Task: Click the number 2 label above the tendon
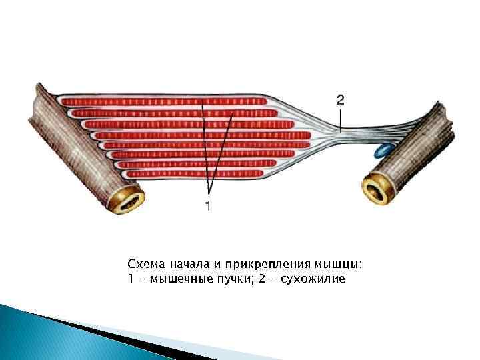[x=340, y=101]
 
